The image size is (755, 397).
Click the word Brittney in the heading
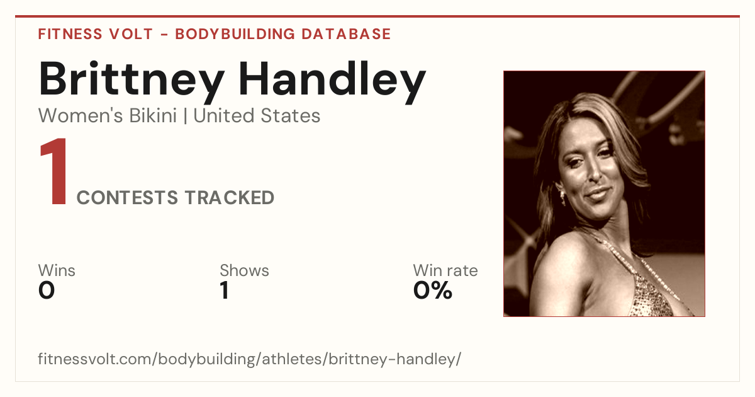(x=131, y=82)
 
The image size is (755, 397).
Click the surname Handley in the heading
(x=332, y=82)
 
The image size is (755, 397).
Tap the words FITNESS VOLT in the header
(x=96, y=34)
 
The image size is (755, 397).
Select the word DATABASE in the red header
(x=346, y=34)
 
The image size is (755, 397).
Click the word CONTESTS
(x=127, y=197)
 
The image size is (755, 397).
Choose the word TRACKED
(x=230, y=197)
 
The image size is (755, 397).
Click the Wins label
(x=57, y=270)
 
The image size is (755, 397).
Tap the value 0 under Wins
(x=47, y=291)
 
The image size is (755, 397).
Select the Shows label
(x=244, y=270)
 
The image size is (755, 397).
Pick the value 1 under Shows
(x=225, y=291)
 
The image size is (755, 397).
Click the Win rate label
(x=445, y=270)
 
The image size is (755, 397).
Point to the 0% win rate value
(x=433, y=291)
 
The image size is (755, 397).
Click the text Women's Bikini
(x=108, y=115)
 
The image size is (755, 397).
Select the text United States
(x=257, y=115)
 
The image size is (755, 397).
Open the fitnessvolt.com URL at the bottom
(x=249, y=359)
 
